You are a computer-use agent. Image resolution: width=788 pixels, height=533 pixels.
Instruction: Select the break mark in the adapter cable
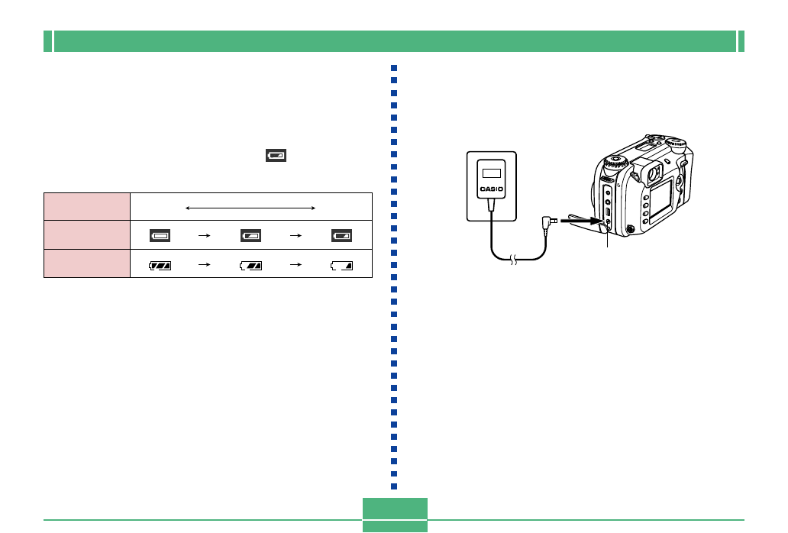coord(514,261)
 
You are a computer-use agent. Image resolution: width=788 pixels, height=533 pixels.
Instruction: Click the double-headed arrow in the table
coord(250,207)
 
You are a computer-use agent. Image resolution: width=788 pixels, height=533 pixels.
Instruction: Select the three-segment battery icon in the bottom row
coord(160,266)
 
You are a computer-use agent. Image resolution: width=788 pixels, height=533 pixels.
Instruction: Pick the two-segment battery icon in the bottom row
coord(250,266)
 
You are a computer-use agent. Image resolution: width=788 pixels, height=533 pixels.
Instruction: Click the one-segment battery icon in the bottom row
coord(342,266)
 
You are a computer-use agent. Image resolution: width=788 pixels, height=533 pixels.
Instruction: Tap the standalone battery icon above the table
coord(275,156)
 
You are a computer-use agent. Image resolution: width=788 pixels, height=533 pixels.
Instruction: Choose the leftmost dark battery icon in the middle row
coord(160,237)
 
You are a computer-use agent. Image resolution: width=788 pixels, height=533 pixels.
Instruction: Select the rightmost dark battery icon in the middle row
coord(342,237)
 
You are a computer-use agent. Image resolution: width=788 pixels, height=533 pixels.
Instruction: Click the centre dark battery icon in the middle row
coord(250,237)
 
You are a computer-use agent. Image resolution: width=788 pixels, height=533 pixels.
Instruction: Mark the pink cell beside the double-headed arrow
coord(87,207)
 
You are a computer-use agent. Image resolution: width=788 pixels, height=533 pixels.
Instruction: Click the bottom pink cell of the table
coord(87,263)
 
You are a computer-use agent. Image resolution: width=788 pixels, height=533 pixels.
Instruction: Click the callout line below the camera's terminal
coord(608,239)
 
